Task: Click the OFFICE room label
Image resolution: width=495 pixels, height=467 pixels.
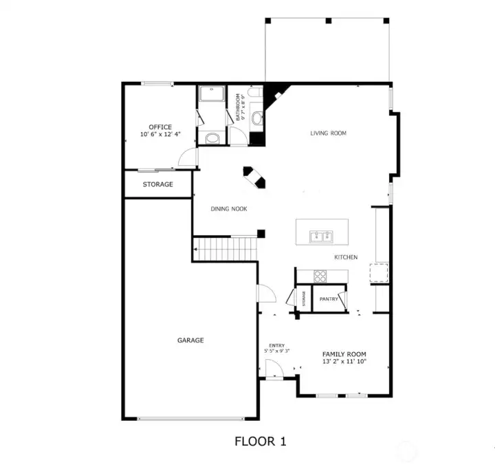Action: coord(160,127)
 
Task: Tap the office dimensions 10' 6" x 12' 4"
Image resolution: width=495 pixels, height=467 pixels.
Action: coord(160,134)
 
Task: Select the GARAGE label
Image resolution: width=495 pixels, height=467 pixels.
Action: coord(190,340)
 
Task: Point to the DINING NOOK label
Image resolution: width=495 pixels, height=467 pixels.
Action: coord(229,208)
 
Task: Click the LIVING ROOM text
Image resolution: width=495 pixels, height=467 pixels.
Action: coord(329,133)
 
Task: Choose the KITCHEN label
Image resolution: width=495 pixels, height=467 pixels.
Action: coord(346,257)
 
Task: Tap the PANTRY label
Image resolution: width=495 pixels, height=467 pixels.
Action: coord(329,299)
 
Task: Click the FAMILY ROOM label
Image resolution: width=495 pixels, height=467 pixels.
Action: coord(344,354)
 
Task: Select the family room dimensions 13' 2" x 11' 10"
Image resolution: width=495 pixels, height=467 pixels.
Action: coord(344,362)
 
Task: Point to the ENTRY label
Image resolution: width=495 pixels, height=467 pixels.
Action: coord(277,345)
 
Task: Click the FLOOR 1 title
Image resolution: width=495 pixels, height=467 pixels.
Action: coord(261,441)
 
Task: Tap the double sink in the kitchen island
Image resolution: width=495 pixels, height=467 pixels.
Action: coord(321,237)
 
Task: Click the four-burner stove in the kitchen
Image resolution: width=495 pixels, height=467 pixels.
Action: coord(320,276)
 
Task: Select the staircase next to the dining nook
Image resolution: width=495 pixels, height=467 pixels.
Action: coord(225,249)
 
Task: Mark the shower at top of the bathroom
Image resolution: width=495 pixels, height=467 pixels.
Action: coord(212,94)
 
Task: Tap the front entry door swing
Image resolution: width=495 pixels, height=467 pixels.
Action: coord(274,369)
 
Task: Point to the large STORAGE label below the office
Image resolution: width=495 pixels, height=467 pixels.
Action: coord(158,184)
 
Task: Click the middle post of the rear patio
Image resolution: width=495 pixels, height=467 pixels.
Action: coord(329,21)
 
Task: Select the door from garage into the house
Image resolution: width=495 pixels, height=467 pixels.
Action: coord(267,294)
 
